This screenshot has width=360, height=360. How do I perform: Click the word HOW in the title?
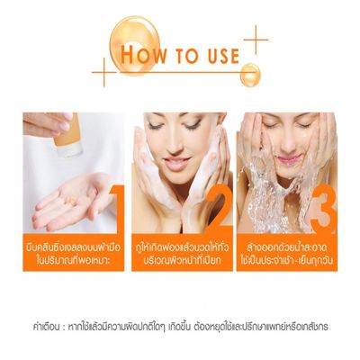[x=145, y=51]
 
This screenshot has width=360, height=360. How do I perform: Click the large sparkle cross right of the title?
[x=256, y=39]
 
